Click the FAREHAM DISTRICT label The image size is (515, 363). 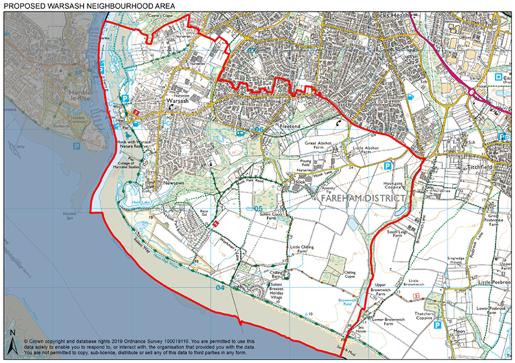pos(363,197)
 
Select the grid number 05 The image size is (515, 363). pos(259,208)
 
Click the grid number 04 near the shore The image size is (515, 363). pos(220,288)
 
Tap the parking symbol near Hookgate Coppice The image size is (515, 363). pos(388,166)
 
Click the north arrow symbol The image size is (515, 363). pos(12,340)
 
